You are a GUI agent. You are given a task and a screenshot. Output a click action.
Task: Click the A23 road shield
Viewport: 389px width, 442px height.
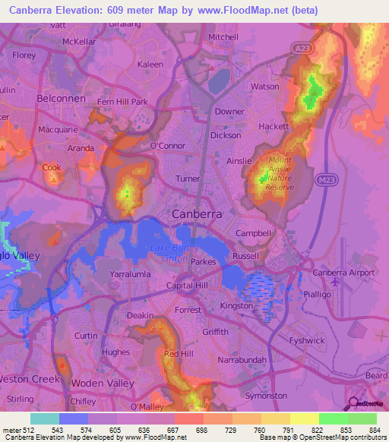[300, 49]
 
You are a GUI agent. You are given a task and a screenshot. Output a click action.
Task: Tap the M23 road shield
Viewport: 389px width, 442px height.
[326, 179]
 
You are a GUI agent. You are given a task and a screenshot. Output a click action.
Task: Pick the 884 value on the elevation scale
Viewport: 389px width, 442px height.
[375, 430]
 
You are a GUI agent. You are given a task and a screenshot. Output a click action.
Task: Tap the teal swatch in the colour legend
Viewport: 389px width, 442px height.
[44, 418]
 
